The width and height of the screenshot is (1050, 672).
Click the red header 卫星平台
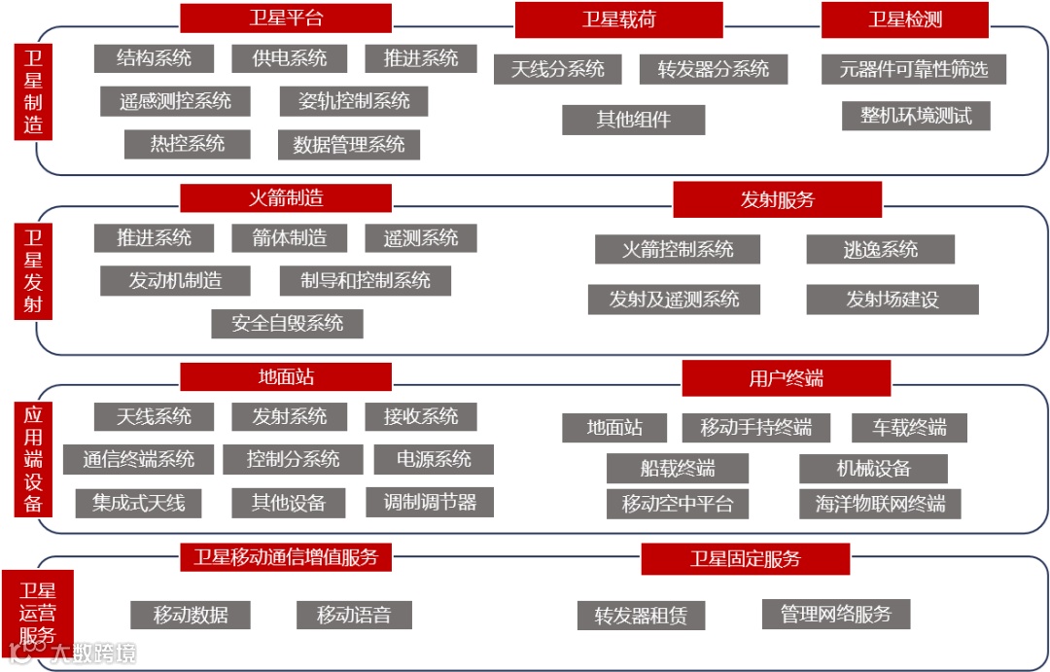286,18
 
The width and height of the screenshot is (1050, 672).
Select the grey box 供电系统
290,58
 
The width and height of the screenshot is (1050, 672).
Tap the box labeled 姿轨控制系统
354,101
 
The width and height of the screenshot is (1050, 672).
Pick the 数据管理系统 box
349,145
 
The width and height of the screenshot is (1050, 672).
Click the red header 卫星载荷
618,20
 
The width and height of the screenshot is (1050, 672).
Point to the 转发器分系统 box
713,69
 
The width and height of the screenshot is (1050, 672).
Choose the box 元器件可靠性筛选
914,69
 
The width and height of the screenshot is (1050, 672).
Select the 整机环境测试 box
916,116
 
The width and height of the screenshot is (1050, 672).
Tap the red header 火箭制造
286,198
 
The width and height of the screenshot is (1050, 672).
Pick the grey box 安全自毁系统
287,324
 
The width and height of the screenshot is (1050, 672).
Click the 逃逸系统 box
880,250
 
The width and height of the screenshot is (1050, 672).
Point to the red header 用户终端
786,378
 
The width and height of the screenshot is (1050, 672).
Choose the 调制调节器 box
430,503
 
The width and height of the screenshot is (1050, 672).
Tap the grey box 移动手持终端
755,428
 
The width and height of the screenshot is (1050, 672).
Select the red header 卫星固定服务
745,559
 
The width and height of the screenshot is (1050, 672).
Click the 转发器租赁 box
641,616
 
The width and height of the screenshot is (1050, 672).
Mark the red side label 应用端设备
34,457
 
